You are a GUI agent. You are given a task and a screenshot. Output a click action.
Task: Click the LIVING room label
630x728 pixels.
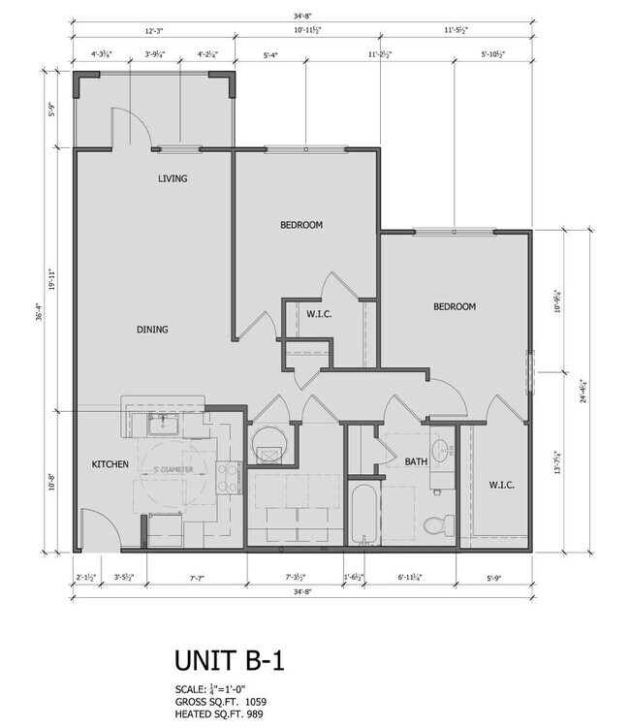173,178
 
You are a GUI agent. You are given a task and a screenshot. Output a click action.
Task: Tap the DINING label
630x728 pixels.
152,330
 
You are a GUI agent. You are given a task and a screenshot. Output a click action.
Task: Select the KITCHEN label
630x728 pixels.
110,464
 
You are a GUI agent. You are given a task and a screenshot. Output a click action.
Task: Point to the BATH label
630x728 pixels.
416,462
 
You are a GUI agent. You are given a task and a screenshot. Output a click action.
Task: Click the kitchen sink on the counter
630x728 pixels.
161,423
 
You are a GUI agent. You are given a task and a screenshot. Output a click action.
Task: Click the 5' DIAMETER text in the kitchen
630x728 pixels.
174,470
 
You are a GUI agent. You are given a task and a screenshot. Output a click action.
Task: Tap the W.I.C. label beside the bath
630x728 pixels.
501,485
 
